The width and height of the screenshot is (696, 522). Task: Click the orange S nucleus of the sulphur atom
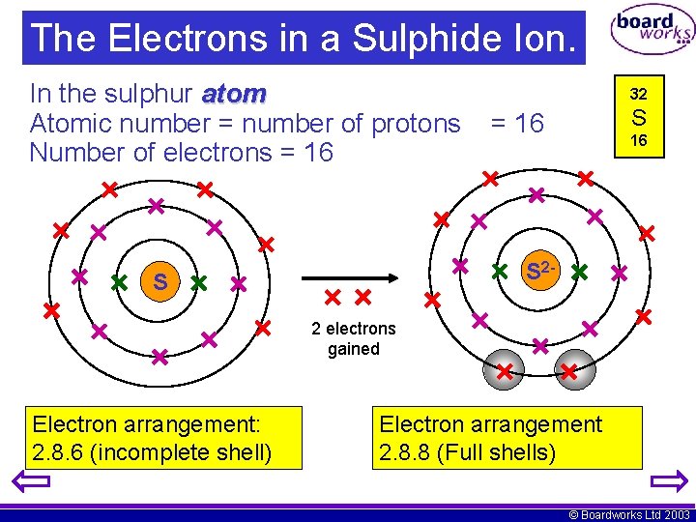(159, 281)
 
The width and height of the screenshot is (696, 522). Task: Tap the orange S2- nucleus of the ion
(539, 272)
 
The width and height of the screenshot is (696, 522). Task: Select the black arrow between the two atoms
(348, 276)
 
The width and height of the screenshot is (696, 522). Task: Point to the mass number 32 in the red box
(638, 95)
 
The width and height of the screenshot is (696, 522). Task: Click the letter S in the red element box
(638, 118)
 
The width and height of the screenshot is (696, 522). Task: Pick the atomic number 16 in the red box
(638, 140)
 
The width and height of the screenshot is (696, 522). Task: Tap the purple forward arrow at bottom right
(668, 482)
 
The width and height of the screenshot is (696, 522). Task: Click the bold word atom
(234, 94)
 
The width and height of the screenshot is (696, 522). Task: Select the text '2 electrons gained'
(353, 338)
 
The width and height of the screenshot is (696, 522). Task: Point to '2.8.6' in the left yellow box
(56, 451)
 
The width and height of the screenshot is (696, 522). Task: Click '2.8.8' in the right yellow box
(403, 451)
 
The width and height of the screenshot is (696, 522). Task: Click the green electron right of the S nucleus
(198, 284)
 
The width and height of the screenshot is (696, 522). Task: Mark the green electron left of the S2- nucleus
(500, 272)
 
